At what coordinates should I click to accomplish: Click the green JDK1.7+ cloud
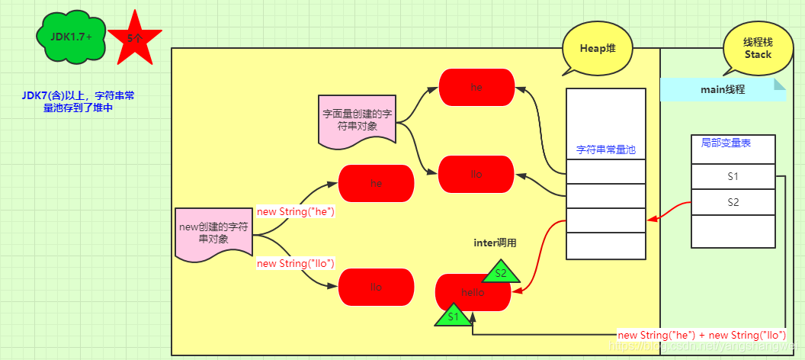66,35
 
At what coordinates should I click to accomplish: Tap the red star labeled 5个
134,38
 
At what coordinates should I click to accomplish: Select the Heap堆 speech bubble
597,48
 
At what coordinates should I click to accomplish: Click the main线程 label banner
722,89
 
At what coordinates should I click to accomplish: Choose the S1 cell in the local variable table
733,176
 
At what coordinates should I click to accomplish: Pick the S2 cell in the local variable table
733,203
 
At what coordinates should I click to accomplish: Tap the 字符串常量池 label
605,150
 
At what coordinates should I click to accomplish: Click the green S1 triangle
453,316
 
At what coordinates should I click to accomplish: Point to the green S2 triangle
500,272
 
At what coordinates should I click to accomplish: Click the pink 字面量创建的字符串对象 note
357,120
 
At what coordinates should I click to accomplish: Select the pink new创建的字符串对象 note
213,233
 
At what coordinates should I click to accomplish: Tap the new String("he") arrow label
296,212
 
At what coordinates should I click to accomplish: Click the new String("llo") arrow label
296,264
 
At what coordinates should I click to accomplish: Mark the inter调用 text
495,243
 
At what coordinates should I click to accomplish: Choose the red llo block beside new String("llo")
376,288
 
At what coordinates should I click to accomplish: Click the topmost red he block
476,87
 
